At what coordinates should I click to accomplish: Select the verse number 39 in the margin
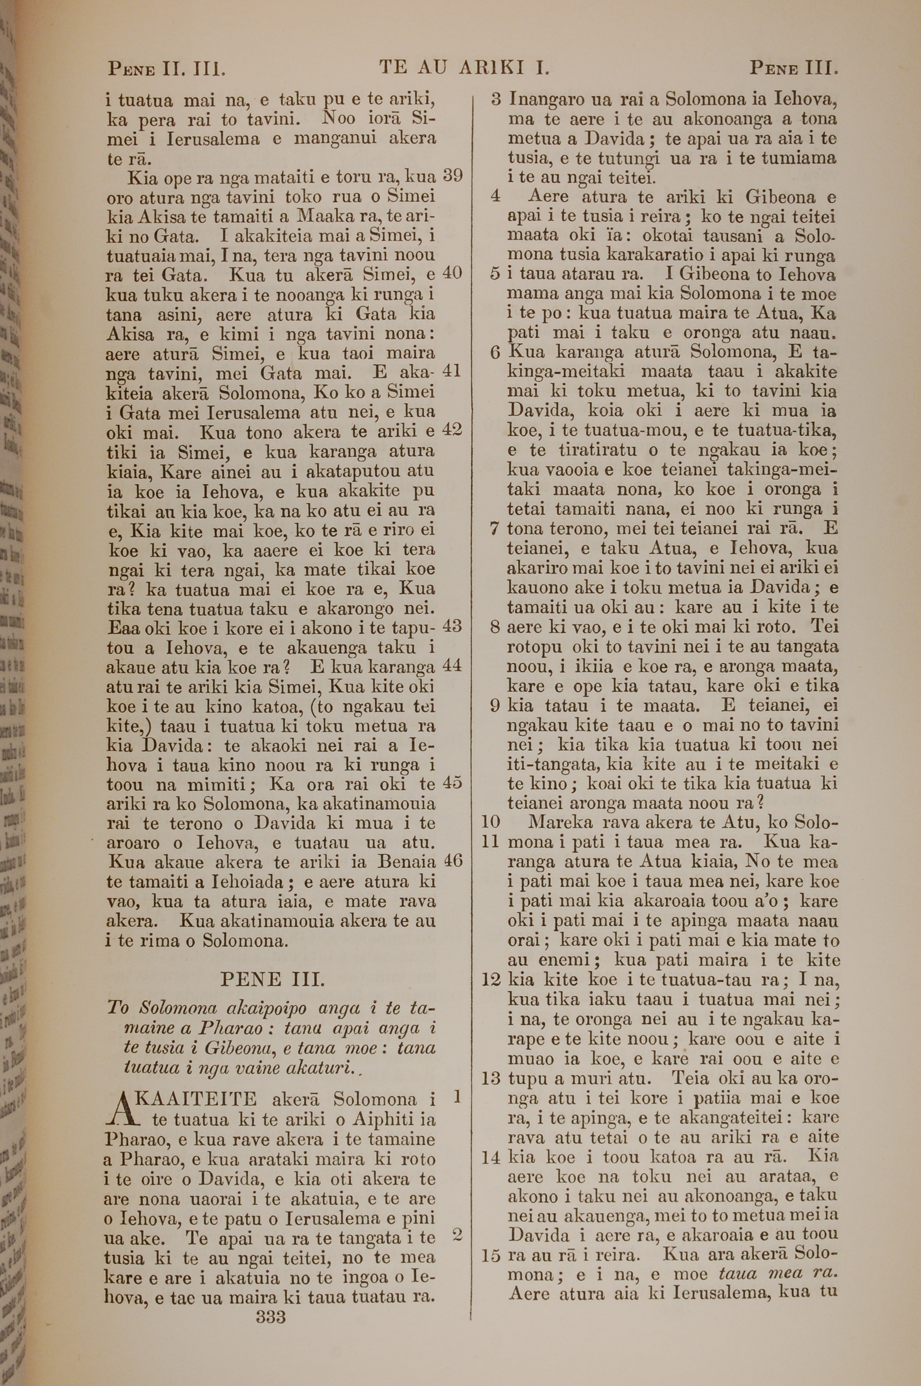coord(453,176)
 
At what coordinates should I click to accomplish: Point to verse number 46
coord(453,861)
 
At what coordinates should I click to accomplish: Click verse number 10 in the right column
coord(490,822)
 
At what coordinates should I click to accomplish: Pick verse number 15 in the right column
coord(490,1256)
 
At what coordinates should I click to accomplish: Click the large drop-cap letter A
coord(121,1109)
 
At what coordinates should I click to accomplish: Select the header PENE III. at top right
coord(793,69)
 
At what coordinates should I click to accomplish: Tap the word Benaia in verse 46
coord(407,862)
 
